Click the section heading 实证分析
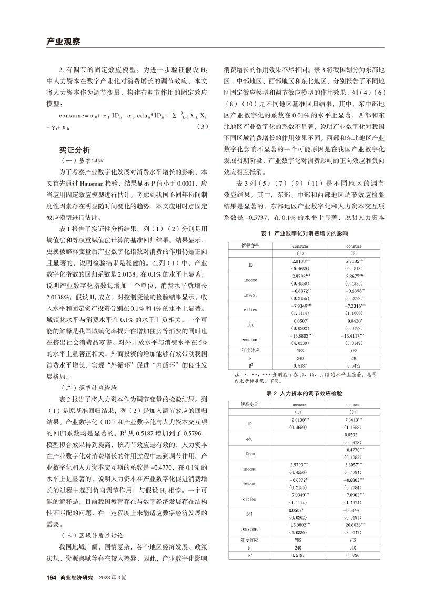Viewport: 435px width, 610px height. pos(74,149)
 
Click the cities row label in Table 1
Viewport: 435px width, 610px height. pos(251,310)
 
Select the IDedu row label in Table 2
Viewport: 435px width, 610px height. pos(250,453)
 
